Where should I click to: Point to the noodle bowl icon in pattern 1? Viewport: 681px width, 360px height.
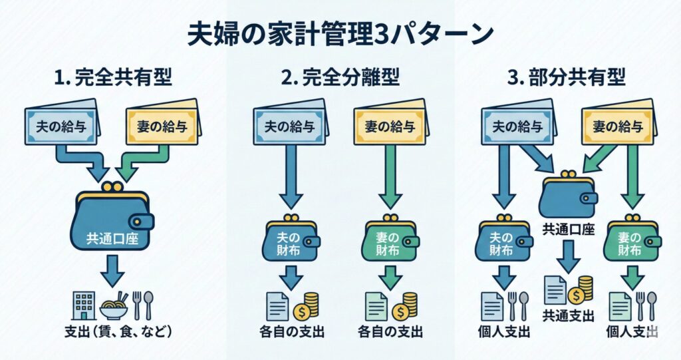(113, 305)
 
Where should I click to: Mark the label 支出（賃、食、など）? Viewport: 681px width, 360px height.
(114, 332)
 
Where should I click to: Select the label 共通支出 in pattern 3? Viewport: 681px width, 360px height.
(568, 316)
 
